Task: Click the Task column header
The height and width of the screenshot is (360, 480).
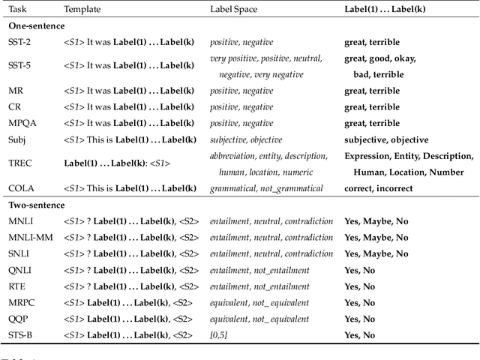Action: coord(16,10)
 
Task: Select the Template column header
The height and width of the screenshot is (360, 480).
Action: coord(82,10)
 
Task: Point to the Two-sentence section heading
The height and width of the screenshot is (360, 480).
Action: coord(37,205)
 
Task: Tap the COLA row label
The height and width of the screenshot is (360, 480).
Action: coord(21,187)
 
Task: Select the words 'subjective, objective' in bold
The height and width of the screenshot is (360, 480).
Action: coord(386,139)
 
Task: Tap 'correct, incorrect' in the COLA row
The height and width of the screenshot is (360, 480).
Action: coord(378,187)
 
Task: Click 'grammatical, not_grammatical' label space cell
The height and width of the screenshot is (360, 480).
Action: coord(266,187)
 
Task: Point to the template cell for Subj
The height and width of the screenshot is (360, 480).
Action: coord(130,139)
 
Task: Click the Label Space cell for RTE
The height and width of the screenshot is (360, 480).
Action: coord(259,286)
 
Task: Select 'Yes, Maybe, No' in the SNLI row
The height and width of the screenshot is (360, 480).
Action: coord(376,253)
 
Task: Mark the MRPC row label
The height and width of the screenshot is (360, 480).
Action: coord(21,302)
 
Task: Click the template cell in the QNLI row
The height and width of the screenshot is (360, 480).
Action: coord(131,270)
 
